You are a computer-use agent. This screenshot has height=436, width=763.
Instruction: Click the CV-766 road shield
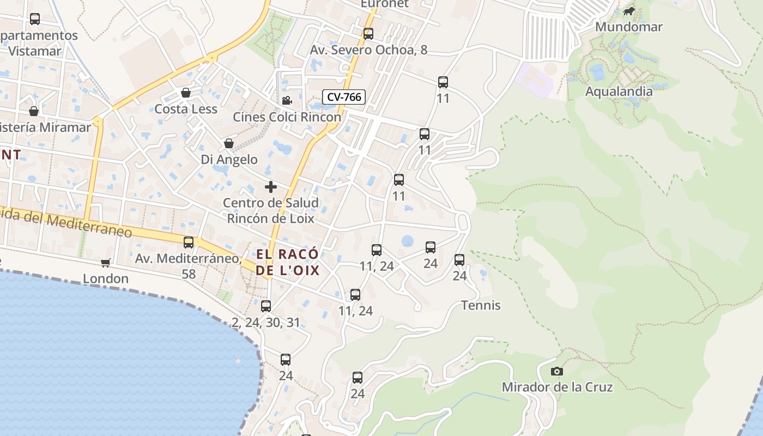344,97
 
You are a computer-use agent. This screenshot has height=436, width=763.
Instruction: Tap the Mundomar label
629,27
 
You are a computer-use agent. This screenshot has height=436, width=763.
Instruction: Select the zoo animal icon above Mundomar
629,11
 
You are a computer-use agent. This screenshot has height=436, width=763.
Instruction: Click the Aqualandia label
619,91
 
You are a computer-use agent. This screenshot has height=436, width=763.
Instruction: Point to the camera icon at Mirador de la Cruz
556,371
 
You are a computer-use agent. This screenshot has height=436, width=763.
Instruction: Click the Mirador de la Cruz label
557,387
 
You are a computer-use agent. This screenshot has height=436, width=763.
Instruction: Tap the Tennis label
481,305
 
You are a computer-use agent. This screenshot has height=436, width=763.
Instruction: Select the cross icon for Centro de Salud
270,187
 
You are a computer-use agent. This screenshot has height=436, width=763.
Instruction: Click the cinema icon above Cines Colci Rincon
287,100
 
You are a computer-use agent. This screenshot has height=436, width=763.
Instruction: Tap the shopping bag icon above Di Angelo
229,143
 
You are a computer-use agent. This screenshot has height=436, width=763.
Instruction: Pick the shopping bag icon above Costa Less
186,93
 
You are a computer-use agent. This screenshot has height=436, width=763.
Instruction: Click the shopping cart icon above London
106,263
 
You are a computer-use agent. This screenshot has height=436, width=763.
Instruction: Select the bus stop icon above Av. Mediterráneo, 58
189,243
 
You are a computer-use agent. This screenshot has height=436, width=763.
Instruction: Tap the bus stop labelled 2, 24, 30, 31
266,306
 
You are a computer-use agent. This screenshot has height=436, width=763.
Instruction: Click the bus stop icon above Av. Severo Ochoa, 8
368,34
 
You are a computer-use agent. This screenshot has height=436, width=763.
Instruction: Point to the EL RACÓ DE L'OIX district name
287,262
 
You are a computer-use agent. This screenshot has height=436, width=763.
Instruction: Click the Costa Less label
186,109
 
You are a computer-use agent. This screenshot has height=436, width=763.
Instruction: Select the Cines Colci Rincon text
287,117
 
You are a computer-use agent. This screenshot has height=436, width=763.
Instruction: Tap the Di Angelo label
229,159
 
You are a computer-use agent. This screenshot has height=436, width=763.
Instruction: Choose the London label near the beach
106,278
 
